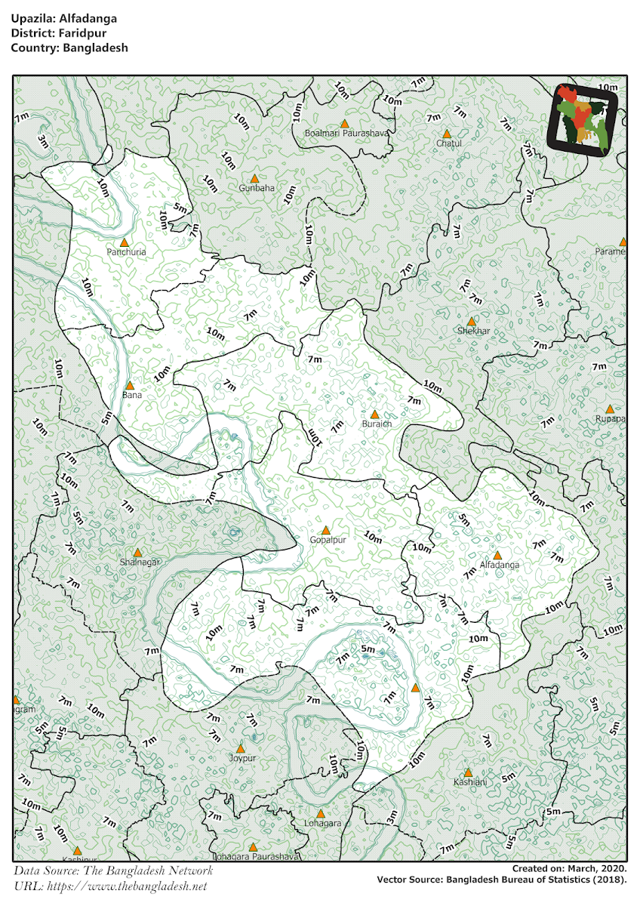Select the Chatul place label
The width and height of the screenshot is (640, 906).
click(x=448, y=143)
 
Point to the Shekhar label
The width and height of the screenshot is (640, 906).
click(x=473, y=331)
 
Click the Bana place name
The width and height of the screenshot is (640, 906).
click(x=131, y=395)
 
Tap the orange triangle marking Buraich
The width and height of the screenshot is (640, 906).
click(x=374, y=414)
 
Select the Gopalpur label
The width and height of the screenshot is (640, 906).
click(x=328, y=541)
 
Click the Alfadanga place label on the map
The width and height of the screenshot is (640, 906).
click(x=500, y=565)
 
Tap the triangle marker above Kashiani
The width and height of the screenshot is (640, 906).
click(x=468, y=772)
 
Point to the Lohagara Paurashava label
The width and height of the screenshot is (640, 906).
click(x=256, y=856)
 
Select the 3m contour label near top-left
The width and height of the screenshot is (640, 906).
click(x=43, y=140)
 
